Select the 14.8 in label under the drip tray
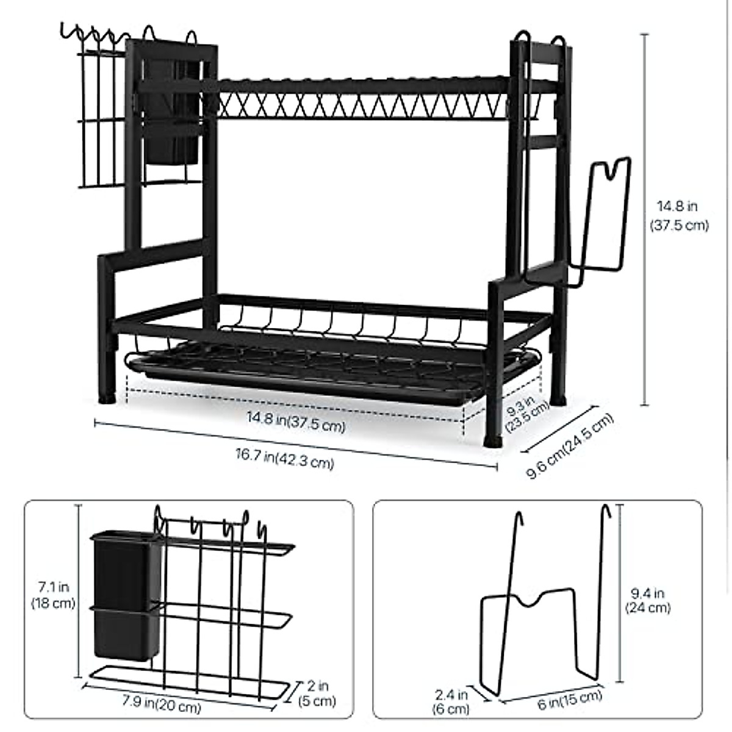pos(295,422)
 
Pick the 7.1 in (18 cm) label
pos(53,595)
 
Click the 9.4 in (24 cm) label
pos(647,600)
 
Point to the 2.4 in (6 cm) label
pos(452,701)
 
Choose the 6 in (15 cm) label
pos(570,701)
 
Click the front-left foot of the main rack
pos(110,396)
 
